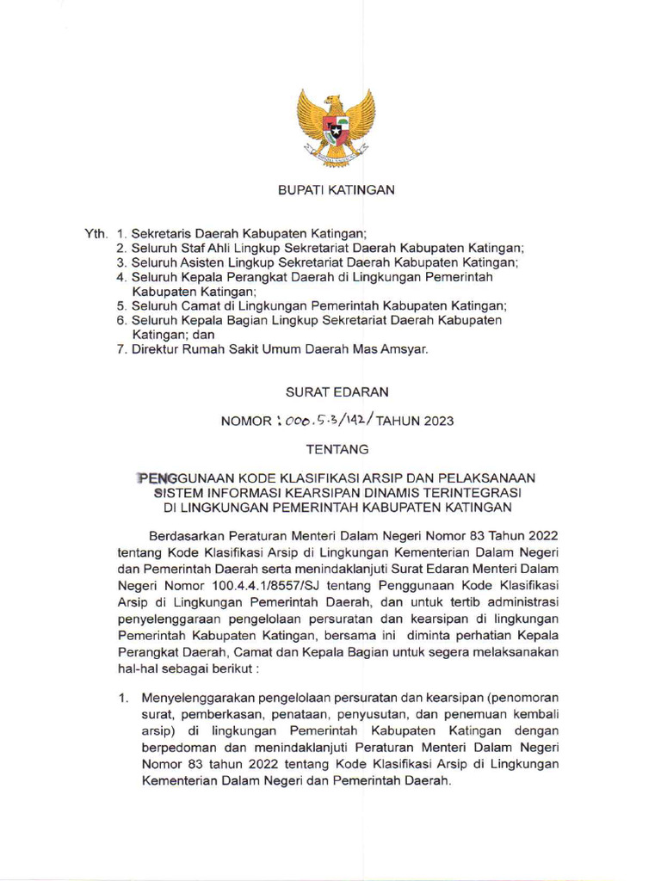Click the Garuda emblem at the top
(336, 126)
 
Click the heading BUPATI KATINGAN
(336, 190)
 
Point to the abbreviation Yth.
(96, 233)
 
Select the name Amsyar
(403, 349)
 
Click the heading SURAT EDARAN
(337, 391)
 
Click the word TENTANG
(337, 449)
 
